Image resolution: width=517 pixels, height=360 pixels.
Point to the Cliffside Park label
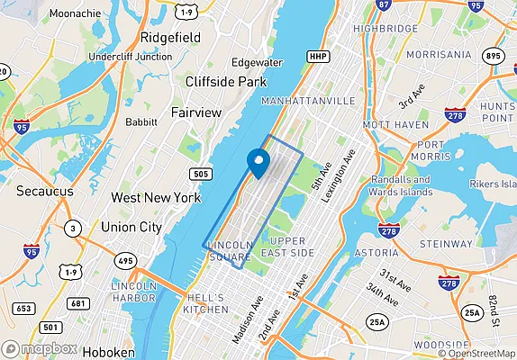[x=226, y=82]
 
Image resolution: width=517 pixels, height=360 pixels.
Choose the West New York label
[x=150, y=196]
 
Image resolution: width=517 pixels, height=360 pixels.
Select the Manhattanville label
[x=307, y=101]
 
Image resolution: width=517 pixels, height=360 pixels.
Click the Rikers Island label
[x=481, y=184]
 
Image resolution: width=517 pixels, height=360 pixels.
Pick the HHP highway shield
[x=318, y=57]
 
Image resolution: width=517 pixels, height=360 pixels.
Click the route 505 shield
[x=203, y=172]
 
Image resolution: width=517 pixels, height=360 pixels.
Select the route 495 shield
[x=124, y=260]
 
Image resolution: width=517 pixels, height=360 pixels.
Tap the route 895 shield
[x=493, y=55]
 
